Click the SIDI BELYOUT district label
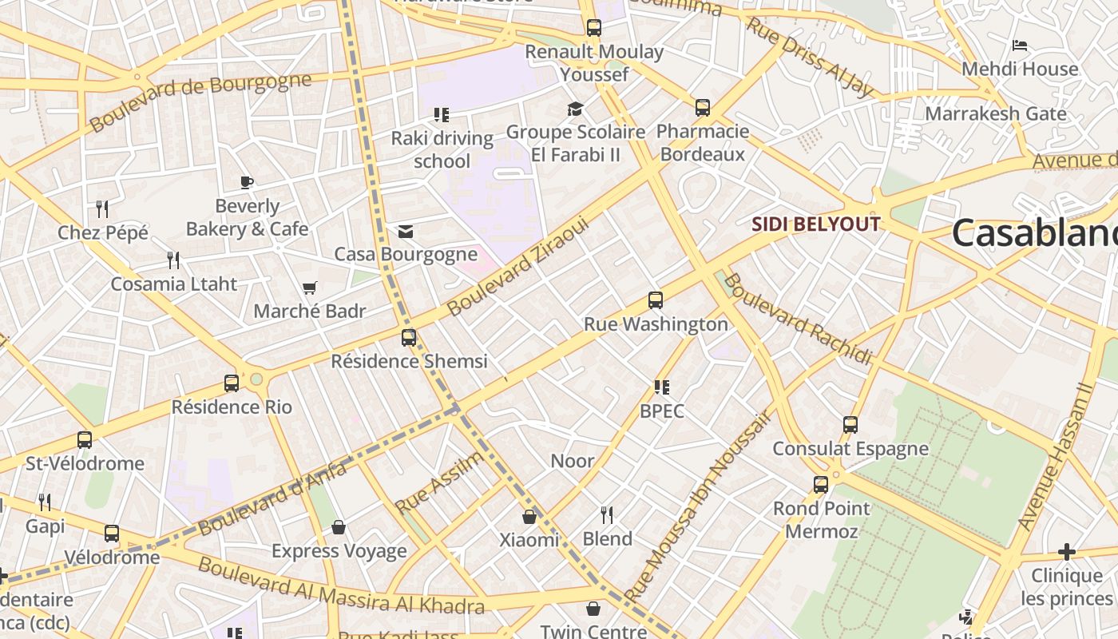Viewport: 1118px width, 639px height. pos(816,224)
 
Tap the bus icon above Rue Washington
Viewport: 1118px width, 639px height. pos(656,300)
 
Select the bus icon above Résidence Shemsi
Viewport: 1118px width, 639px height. pos(409,337)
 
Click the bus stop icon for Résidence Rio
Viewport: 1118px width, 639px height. pos(232,383)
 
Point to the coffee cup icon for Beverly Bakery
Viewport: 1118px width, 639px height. pos(247,182)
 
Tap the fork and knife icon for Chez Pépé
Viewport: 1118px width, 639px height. pos(102,209)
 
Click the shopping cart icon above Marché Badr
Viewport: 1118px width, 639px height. pos(309,288)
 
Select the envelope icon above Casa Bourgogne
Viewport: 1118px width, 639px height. pos(406,232)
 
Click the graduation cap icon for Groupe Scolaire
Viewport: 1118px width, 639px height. pos(575,109)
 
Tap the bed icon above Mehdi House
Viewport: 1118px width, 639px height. pos(1019,46)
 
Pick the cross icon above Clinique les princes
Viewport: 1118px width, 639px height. pos(1066,552)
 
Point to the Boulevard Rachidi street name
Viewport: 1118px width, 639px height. pos(799,319)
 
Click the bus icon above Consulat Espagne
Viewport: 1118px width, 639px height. pos(850,425)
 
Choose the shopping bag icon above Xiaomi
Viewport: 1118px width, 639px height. pos(529,517)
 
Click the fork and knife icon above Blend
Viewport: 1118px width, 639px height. pos(607,514)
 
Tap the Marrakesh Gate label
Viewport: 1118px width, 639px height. pos(995,113)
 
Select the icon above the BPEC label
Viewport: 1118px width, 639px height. pos(661,387)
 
